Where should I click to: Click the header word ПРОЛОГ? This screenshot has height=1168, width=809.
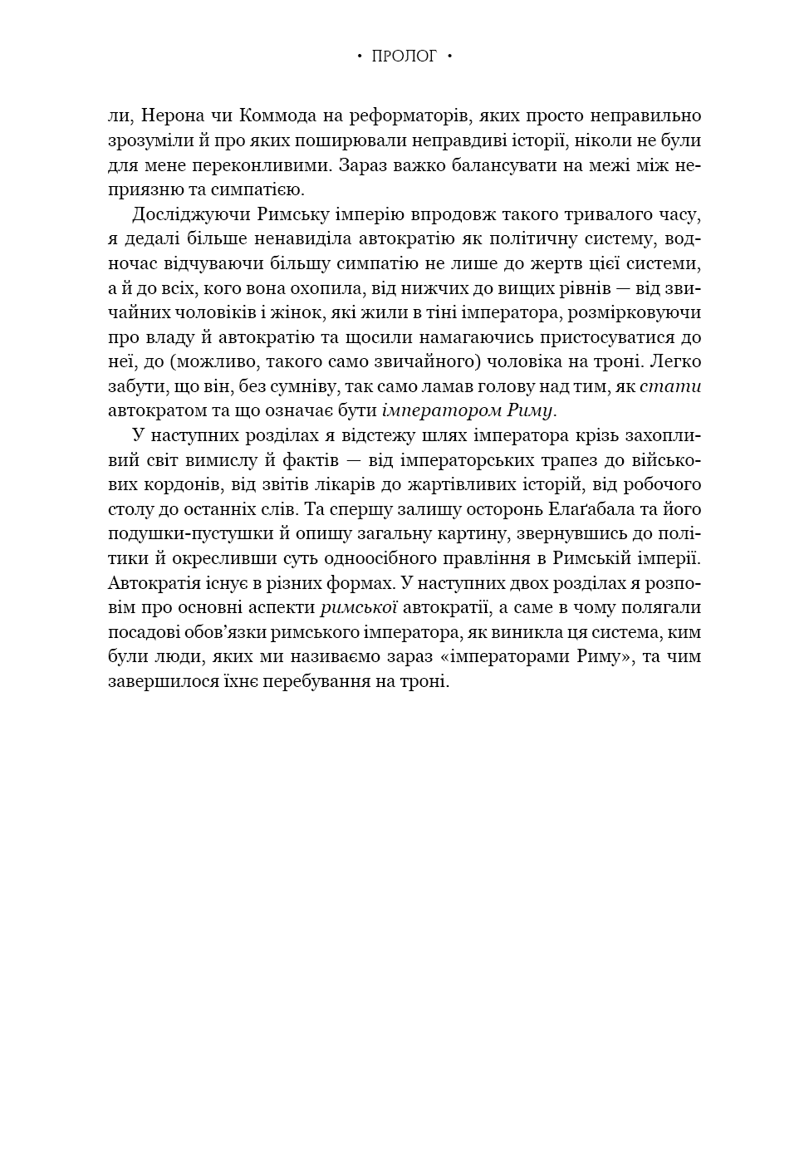point(404,56)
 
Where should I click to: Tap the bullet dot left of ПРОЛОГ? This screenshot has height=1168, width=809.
point(359,56)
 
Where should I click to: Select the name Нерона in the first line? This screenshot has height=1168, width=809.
point(169,115)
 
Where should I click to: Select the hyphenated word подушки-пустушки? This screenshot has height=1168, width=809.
point(184,534)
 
